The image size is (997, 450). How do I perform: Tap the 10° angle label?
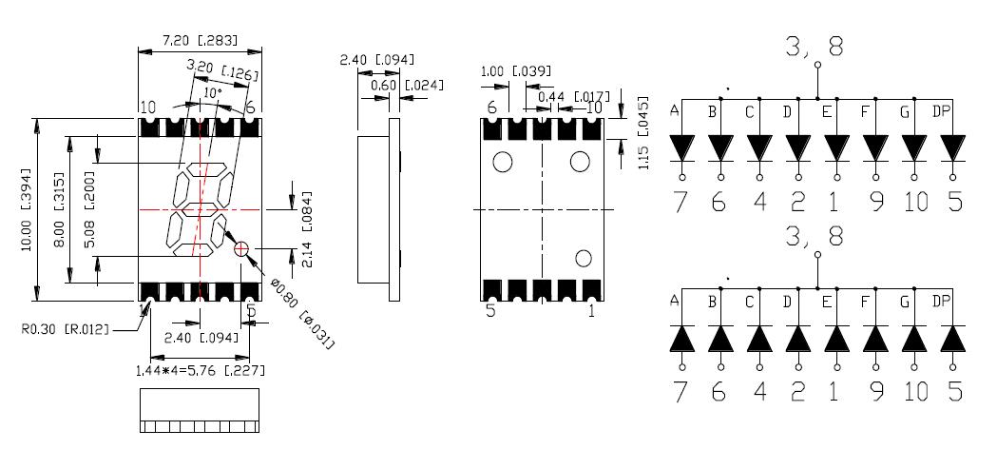tap(211, 93)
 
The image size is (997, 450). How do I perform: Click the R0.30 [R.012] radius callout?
tap(65, 330)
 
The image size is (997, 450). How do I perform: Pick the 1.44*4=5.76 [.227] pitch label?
tap(200, 370)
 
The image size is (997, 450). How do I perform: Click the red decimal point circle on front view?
tap(241, 249)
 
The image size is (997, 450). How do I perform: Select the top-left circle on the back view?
tap(503, 163)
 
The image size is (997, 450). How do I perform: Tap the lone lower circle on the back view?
tap(583, 258)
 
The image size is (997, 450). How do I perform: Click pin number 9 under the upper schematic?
tap(874, 202)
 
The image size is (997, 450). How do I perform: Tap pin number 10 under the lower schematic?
tap(915, 392)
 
